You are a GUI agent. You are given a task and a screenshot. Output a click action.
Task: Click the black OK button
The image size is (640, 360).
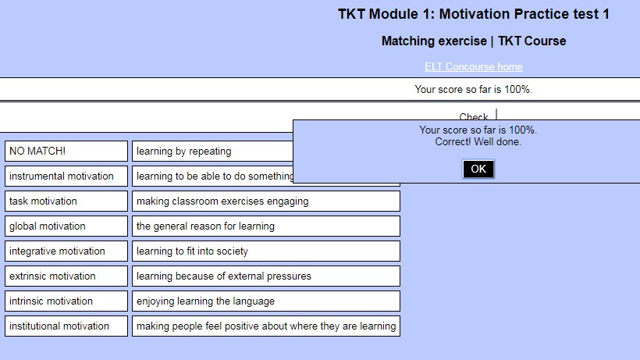click(478, 169)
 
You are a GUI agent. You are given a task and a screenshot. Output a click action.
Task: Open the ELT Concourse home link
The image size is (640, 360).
click(474, 66)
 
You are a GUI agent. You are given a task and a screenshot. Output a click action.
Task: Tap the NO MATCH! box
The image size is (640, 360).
click(66, 151)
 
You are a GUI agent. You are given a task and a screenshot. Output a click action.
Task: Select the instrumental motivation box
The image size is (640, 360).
click(66, 176)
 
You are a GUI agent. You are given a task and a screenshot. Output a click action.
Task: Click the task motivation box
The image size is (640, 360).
click(66, 201)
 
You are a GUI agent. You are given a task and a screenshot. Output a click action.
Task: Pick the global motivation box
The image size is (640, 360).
click(66, 226)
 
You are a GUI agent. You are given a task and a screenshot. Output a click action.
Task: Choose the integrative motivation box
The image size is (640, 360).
click(66, 251)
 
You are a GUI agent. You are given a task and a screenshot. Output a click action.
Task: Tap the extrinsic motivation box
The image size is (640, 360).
click(66, 276)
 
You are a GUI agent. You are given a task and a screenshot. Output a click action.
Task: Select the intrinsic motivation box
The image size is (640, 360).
click(66, 301)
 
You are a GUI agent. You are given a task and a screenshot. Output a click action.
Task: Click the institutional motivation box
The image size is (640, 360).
click(66, 326)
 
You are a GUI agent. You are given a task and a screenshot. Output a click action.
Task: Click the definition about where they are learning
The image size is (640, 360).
click(265, 326)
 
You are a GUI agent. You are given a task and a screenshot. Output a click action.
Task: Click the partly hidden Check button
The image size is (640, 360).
click(474, 116)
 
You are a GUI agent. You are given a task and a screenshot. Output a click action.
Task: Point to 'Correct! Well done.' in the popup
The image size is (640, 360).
click(478, 142)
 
